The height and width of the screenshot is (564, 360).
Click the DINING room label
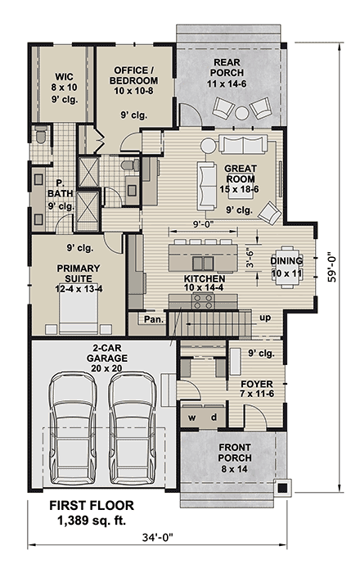(x=286, y=261)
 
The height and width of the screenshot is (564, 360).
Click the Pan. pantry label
(x=152, y=319)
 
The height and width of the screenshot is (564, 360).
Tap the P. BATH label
(x=59, y=188)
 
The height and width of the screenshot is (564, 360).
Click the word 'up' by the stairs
(x=265, y=317)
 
